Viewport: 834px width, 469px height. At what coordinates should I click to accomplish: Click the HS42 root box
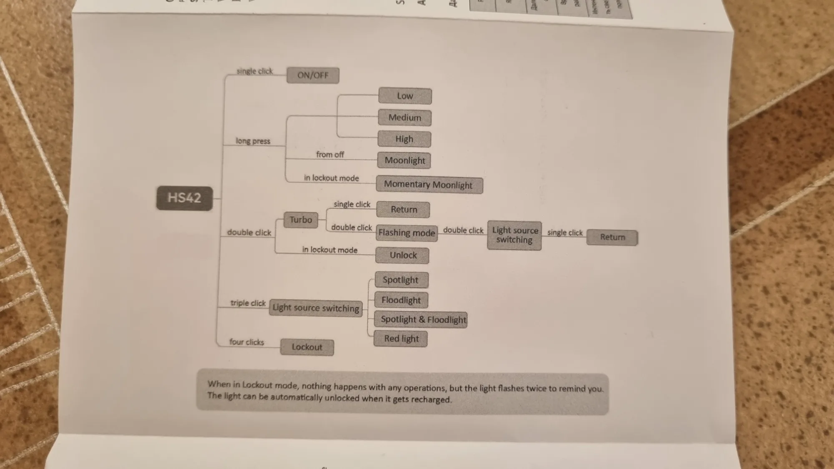(184, 198)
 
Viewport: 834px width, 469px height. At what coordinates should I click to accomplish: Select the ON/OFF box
(313, 75)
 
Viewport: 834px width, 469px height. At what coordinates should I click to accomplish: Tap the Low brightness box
(405, 96)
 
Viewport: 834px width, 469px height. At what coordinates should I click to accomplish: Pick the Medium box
(404, 118)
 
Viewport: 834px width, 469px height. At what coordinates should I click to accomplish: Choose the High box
(404, 139)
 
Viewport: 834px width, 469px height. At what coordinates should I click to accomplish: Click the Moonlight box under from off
(404, 161)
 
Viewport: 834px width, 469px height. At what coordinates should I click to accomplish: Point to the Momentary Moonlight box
(429, 185)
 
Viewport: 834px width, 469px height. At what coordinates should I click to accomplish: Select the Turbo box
(301, 220)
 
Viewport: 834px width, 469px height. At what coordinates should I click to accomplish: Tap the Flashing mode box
(407, 233)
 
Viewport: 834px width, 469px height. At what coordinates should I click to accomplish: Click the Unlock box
(402, 255)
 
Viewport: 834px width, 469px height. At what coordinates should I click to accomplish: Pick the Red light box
(401, 339)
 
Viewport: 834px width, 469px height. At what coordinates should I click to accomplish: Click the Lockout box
(307, 347)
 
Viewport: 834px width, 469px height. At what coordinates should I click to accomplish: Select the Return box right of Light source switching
(612, 237)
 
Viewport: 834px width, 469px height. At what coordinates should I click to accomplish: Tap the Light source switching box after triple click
(316, 308)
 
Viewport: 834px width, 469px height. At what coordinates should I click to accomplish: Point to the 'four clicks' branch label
(247, 342)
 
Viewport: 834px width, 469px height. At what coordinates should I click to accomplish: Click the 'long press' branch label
(253, 141)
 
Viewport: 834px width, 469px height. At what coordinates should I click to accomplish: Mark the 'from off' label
(330, 155)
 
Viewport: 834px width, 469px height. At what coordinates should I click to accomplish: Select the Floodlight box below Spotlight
(401, 300)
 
